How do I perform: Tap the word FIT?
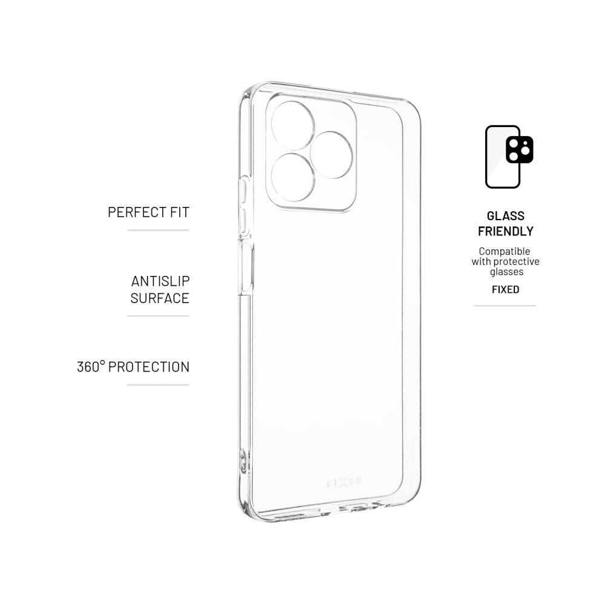click(180, 212)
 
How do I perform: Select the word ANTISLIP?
click(160, 281)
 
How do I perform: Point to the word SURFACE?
click(160, 298)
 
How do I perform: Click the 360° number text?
click(91, 367)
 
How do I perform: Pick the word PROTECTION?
click(149, 367)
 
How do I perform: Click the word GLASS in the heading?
click(505, 216)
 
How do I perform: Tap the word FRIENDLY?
click(505, 231)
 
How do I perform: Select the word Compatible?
click(505, 251)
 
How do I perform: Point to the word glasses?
click(506, 272)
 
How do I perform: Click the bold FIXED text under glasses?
click(505, 289)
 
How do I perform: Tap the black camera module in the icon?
click(519, 149)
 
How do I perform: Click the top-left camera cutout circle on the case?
click(293, 125)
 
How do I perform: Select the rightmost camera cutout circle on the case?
click(332, 155)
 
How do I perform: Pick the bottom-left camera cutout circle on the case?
click(293, 177)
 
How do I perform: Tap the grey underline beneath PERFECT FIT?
click(158, 231)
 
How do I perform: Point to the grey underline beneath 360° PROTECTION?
click(158, 385)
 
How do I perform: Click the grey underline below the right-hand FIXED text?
click(505, 306)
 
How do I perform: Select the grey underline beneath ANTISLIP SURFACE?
click(158, 316)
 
